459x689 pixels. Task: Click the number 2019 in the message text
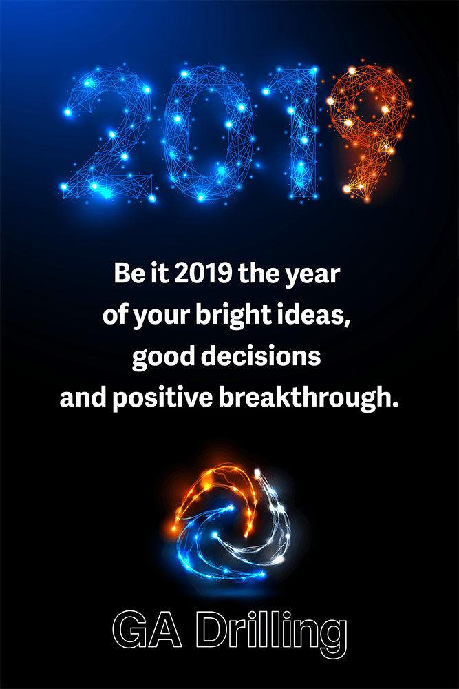pyautogui.click(x=203, y=273)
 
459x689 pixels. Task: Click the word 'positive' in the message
pyautogui.click(x=163, y=398)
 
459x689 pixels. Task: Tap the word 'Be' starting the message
pyautogui.click(x=128, y=274)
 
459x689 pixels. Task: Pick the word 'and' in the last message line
pyautogui.click(x=83, y=398)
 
